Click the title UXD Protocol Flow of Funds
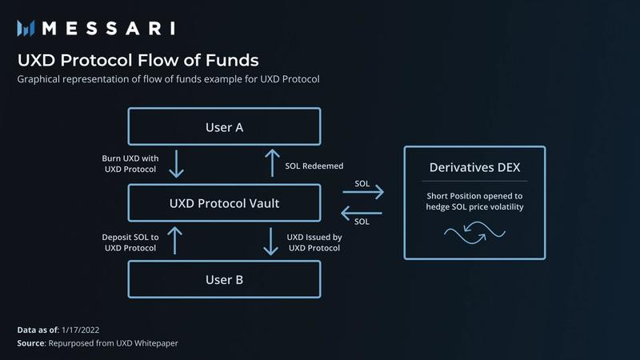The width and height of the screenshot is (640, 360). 138,61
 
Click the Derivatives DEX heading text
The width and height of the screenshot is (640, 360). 474,169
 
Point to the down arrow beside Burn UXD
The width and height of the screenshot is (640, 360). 178,165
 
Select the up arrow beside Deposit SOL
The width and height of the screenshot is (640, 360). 178,242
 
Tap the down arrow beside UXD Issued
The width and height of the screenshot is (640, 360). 270,242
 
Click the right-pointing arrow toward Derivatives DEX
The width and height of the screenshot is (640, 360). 362,193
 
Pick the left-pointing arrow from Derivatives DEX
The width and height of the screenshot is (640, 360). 362,213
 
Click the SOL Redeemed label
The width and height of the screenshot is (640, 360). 314,166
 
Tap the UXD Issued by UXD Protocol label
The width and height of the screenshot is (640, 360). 314,242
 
